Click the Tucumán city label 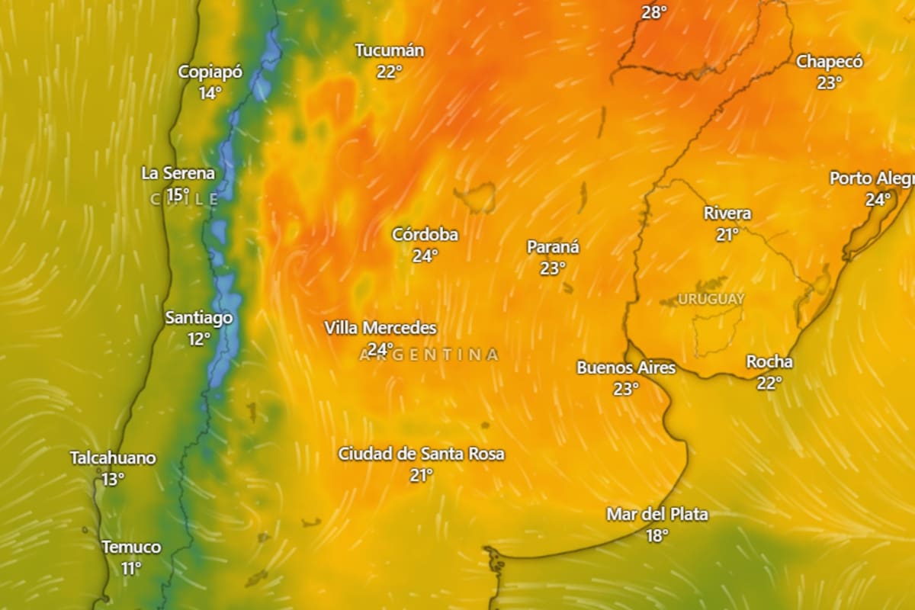tap(389, 50)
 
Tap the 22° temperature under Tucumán tap(389, 72)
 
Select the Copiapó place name tap(210, 72)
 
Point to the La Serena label tap(178, 173)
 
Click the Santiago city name tap(198, 317)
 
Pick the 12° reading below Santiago tap(199, 339)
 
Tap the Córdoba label tap(425, 234)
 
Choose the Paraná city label tap(553, 247)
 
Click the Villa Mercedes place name tap(380, 328)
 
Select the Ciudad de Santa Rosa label tap(421, 454)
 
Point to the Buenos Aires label tap(625, 368)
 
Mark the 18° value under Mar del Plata tap(657, 535)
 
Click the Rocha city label tap(769, 361)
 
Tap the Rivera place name tap(727, 213)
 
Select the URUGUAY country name tap(711, 299)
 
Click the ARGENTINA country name tap(429, 355)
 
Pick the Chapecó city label tap(829, 62)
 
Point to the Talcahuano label tap(113, 458)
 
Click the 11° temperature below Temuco tap(131, 568)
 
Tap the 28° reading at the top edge tap(653, 11)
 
